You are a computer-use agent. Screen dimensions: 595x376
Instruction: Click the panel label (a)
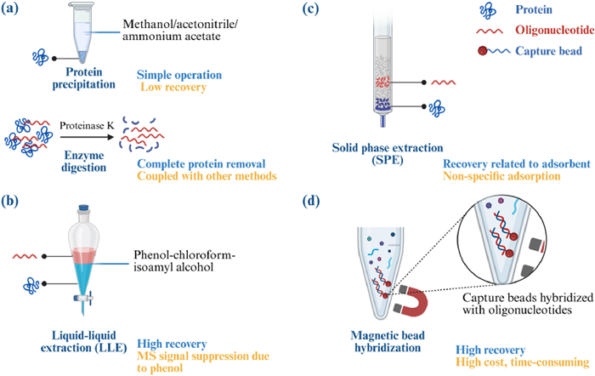point(10,9)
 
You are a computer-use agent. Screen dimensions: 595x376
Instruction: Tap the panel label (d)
point(311,201)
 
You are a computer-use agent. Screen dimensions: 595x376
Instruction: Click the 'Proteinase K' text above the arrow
point(87,125)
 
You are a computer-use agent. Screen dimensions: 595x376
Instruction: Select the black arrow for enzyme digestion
point(87,137)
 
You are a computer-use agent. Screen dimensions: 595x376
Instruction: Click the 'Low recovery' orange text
point(173,87)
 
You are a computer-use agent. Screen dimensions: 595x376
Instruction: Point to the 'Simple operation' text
point(179,75)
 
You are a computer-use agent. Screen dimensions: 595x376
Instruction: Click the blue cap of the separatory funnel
point(83,208)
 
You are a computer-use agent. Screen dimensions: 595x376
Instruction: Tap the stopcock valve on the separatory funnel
point(83,299)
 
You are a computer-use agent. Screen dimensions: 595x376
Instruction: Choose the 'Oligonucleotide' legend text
point(555,30)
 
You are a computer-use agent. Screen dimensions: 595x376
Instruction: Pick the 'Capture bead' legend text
point(548,51)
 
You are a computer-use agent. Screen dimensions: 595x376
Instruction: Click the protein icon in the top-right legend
point(488,10)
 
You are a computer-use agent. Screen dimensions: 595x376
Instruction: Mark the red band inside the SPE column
point(383,82)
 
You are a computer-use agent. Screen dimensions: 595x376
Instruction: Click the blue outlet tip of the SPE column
point(383,121)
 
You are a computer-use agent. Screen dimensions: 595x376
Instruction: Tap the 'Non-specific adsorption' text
point(501,176)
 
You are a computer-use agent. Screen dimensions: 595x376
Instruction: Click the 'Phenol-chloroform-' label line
point(184,254)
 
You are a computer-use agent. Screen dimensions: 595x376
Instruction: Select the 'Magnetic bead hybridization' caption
point(388,341)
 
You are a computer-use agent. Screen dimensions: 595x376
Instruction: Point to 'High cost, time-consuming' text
point(523,362)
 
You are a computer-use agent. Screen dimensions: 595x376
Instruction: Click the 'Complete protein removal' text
point(201,163)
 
